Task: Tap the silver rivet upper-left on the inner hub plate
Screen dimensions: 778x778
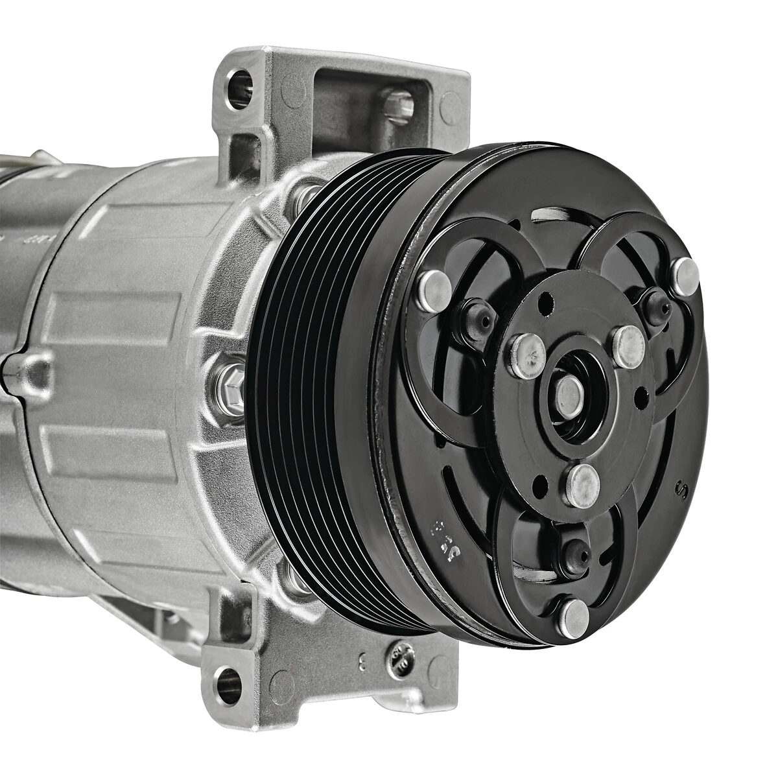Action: pyautogui.click(x=526, y=356)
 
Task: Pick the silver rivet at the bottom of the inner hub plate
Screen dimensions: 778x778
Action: pyautogui.click(x=582, y=485)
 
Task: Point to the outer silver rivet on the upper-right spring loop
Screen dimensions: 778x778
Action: pyautogui.click(x=685, y=275)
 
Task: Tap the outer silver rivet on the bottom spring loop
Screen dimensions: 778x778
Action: pyautogui.click(x=573, y=617)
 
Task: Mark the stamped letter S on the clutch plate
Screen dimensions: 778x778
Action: pyautogui.click(x=681, y=491)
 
